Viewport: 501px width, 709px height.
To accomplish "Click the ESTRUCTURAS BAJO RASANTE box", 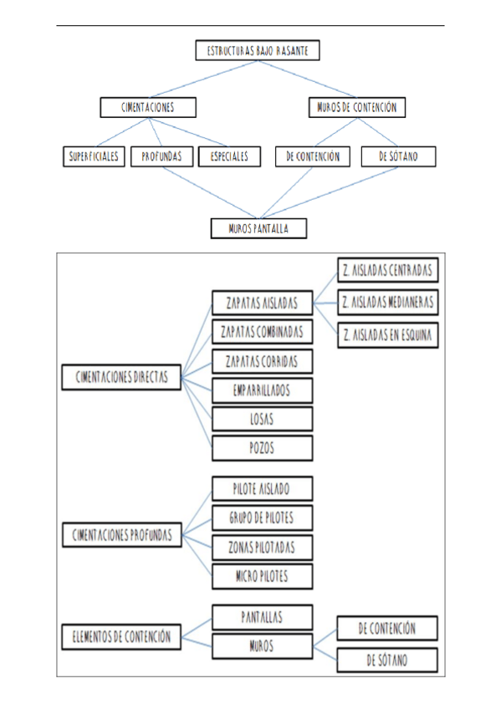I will click(x=257, y=51).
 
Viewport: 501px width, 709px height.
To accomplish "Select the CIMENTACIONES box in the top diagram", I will click(x=147, y=107).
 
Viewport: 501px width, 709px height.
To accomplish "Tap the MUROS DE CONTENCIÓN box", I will click(x=357, y=107).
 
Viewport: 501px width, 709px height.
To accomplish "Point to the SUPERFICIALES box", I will click(x=94, y=156).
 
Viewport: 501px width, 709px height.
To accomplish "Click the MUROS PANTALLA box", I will click(x=258, y=227).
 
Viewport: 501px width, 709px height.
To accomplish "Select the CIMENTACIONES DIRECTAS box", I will click(x=121, y=378).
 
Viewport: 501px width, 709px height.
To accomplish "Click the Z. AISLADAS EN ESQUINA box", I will click(x=386, y=335).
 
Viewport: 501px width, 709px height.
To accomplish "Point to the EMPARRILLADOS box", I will click(x=262, y=390).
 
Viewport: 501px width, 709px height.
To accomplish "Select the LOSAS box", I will click(x=262, y=419).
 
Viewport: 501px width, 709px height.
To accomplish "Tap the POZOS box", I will click(x=262, y=448).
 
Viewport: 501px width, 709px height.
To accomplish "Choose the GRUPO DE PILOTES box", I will click(x=262, y=518).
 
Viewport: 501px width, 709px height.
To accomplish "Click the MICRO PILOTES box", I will click(x=262, y=576).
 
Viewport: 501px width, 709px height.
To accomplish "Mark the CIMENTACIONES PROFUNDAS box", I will click(x=121, y=534).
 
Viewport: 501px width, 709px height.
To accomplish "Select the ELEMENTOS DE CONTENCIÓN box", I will click(x=121, y=636).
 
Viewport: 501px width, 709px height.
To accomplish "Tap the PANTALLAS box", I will click(x=262, y=617).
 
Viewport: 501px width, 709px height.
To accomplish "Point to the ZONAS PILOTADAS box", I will click(x=262, y=547).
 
